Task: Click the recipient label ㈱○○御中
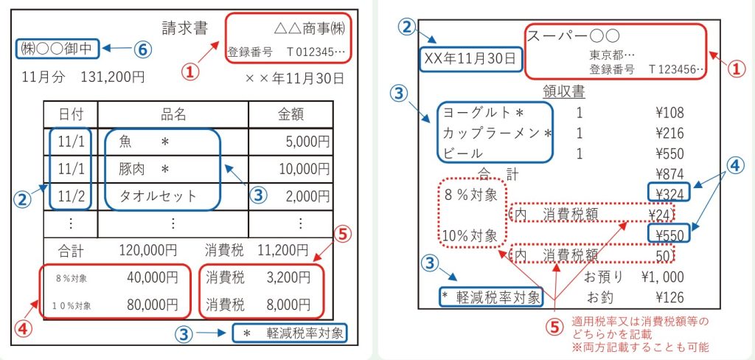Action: (55, 49)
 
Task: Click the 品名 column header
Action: (173, 114)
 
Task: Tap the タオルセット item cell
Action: (159, 196)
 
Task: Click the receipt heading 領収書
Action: (564, 91)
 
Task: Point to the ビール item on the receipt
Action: (463, 153)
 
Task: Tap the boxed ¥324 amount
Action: (669, 193)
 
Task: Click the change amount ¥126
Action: (669, 298)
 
